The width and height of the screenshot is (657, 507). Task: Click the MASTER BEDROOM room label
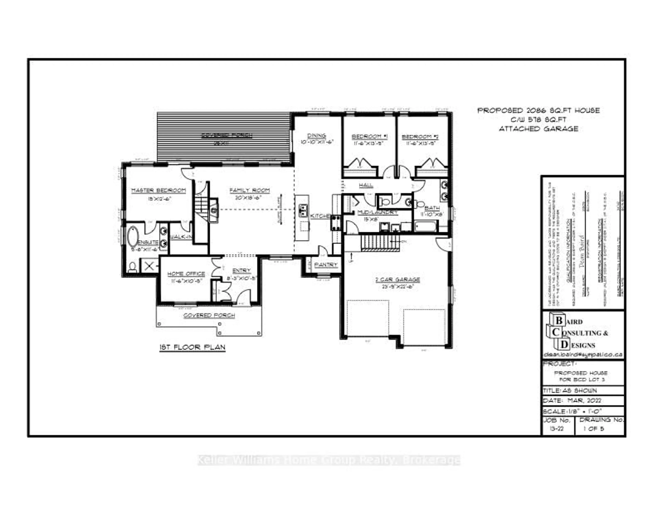tap(159, 190)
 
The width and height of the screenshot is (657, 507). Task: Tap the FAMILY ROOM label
tap(249, 190)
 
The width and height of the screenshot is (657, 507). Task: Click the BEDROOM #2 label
tap(420, 137)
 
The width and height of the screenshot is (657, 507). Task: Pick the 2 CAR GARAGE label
tap(397, 280)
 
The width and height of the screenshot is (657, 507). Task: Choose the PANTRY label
tap(326, 265)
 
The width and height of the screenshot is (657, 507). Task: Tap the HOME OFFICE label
tap(186, 274)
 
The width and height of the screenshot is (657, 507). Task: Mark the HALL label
tap(366, 185)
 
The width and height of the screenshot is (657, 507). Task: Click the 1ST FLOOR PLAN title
tap(192, 347)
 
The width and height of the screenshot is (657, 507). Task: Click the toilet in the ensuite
tap(132, 267)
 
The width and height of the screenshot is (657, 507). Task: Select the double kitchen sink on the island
tap(303, 210)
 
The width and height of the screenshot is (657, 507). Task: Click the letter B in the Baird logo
tap(559, 321)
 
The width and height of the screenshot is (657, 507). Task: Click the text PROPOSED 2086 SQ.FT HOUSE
tap(538, 110)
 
